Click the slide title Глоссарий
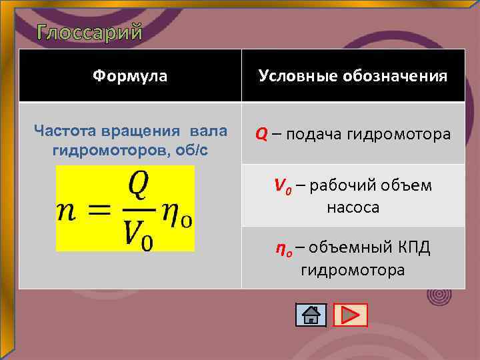coord(89,32)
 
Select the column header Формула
coord(130,76)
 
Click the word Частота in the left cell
coord(64,129)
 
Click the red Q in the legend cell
coord(261,135)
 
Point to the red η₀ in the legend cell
coord(283,249)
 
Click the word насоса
coord(353,207)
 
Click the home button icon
coord(311,315)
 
